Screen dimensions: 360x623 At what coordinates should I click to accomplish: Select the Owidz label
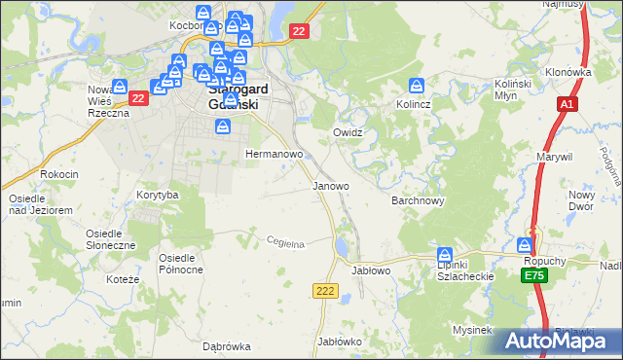coord(348,131)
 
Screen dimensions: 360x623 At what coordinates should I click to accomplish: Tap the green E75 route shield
coord(532,277)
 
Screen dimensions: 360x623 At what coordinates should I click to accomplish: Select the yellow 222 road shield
coord(325,291)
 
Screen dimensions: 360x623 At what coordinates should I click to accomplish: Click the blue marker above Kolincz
coord(417,85)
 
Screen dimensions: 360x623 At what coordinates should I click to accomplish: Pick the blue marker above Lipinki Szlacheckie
coord(444,253)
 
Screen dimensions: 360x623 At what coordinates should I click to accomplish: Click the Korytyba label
coord(158,195)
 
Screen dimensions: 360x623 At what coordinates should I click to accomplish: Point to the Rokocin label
coord(58,173)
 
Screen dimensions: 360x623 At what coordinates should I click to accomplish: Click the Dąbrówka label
coord(227,345)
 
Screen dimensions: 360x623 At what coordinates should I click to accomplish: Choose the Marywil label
coord(554,156)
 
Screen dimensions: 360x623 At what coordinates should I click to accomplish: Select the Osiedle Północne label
coord(180,263)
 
